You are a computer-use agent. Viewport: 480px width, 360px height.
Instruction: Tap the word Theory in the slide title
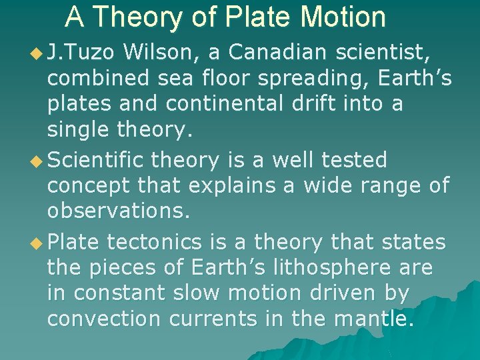(x=151, y=17)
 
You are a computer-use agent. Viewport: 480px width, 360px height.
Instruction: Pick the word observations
(x=119, y=213)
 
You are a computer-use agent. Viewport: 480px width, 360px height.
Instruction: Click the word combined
(x=99, y=78)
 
